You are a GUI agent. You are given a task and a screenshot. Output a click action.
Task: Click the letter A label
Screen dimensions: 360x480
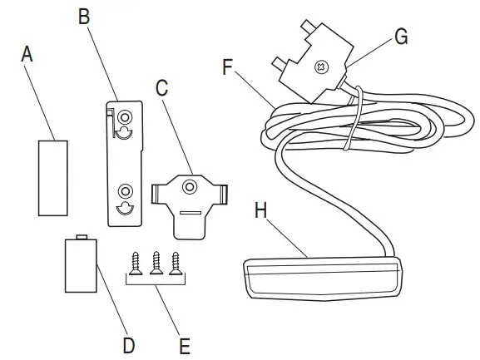pos(27,55)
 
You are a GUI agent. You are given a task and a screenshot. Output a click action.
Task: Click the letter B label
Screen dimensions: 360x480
pos(85,16)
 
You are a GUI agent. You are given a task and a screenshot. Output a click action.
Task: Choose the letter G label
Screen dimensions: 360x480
pos(401,36)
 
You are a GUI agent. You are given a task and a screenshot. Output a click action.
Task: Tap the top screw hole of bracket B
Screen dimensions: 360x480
pos(125,116)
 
